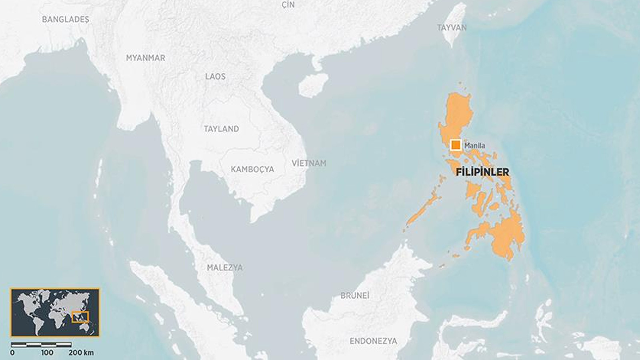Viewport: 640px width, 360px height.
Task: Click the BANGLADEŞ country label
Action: pos(66,19)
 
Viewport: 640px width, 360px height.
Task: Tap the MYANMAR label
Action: pos(146,58)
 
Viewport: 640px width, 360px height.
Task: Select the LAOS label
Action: pos(215,76)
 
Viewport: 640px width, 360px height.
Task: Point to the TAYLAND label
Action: pos(221,129)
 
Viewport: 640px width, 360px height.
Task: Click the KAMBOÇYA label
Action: pos(252,169)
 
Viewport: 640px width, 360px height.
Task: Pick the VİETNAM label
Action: pos(309,163)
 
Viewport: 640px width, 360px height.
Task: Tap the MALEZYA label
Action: pos(225,268)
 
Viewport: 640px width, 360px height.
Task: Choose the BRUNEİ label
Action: pos(355,296)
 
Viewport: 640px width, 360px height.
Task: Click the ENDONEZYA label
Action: pos(374,341)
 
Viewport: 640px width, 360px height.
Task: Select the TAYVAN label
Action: pos(452,28)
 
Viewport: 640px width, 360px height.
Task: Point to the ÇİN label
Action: pos(288,5)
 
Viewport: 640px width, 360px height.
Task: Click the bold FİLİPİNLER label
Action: pos(482,172)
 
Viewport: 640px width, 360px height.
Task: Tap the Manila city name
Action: pos(474,146)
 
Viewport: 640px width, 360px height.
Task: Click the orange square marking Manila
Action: pos(456,145)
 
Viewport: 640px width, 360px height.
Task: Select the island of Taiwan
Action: pos(455,24)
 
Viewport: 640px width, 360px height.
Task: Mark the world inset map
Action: pos(55,312)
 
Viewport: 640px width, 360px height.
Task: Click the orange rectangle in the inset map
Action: pos(80,317)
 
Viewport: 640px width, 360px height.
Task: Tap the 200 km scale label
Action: pos(81,352)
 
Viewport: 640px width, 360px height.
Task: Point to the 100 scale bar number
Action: pos(47,352)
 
